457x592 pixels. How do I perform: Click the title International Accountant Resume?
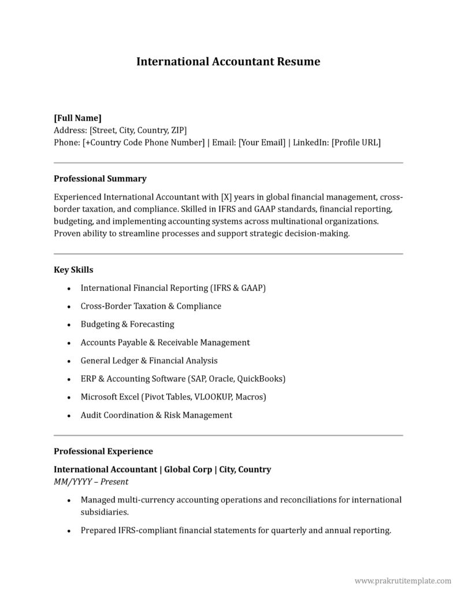pos(228,61)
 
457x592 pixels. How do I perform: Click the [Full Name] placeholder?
pos(77,118)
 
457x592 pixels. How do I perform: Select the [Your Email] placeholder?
pos(262,142)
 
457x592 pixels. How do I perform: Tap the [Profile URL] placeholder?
pos(356,142)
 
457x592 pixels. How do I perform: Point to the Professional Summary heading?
pos(100,179)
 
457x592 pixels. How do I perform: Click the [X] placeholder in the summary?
pos(226,197)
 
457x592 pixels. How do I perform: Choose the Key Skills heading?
pos(73,269)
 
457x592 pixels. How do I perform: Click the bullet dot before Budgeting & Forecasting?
pos(69,325)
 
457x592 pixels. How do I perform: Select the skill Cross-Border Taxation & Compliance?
pos(151,306)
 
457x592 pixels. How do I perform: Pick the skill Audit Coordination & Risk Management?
pos(156,415)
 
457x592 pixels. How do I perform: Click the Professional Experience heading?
pos(103,451)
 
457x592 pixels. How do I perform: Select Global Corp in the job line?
pos(188,469)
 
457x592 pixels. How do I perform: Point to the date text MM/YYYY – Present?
pos(91,482)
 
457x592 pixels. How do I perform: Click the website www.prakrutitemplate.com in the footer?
pos(402,580)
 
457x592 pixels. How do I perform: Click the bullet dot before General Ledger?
pos(69,361)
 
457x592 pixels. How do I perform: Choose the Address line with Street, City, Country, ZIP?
pos(120,130)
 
